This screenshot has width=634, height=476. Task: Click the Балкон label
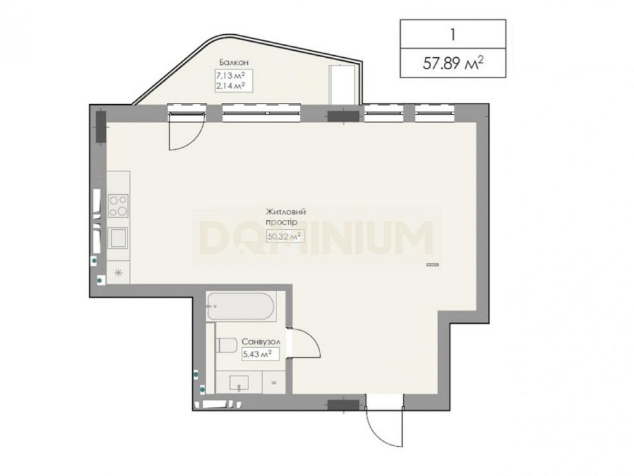tap(234, 62)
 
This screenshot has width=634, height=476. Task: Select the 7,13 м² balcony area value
tap(231, 76)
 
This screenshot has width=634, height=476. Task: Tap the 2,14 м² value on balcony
tap(231, 86)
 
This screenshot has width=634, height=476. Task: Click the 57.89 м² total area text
tap(453, 63)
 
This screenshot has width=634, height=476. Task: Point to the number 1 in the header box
tap(453, 34)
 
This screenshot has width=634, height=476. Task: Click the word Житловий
tap(285, 212)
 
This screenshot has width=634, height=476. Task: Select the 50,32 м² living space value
tap(285, 236)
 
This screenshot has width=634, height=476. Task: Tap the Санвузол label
tap(261, 342)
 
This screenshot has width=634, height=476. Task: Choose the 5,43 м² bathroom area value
tap(256, 354)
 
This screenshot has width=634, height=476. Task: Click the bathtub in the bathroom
tap(240, 307)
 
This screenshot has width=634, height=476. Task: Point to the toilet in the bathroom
tap(227, 345)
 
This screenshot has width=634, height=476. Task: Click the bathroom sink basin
tap(239, 383)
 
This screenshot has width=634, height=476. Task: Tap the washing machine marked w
tap(274, 383)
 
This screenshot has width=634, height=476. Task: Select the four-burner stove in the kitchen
tap(118, 206)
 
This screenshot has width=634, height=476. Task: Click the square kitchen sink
tap(118, 237)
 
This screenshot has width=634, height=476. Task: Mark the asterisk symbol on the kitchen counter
tap(118, 272)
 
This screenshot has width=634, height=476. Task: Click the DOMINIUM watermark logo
tap(316, 238)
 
